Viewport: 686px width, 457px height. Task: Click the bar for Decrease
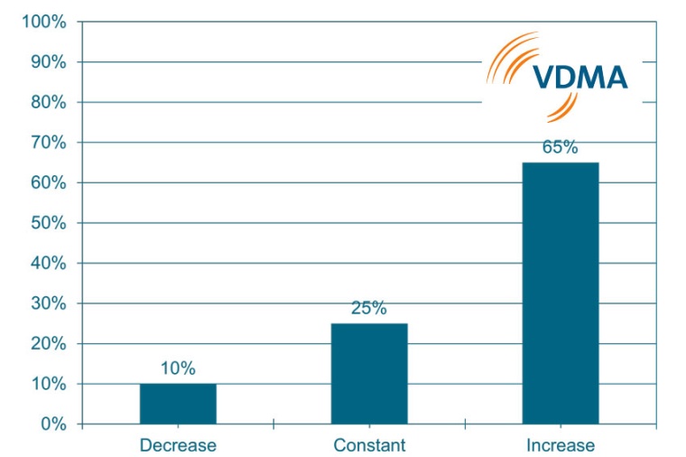click(x=178, y=404)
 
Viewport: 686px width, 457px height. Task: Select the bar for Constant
click(x=369, y=373)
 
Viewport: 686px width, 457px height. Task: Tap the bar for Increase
click(x=561, y=293)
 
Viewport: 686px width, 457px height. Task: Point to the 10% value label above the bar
click(x=178, y=368)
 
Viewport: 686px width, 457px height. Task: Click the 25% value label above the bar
click(x=369, y=308)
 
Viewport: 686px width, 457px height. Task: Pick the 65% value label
click(x=561, y=147)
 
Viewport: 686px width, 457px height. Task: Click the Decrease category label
click(x=178, y=445)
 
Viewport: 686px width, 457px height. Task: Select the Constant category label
click(x=369, y=445)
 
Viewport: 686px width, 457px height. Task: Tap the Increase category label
click(x=561, y=445)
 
